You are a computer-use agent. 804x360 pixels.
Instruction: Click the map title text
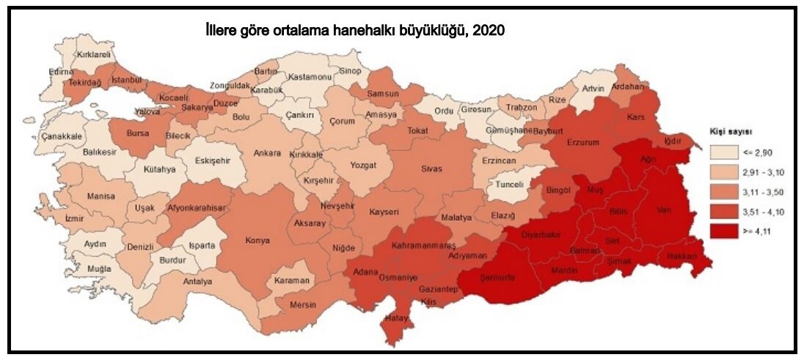355,32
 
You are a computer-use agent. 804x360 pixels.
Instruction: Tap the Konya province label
257,240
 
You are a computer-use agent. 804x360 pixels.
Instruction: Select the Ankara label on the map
267,153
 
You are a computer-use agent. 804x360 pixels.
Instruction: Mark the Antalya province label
197,282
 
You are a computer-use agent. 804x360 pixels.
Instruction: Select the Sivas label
431,169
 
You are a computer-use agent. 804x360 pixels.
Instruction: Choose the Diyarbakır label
541,236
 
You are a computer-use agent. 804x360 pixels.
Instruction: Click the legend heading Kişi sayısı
730,132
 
